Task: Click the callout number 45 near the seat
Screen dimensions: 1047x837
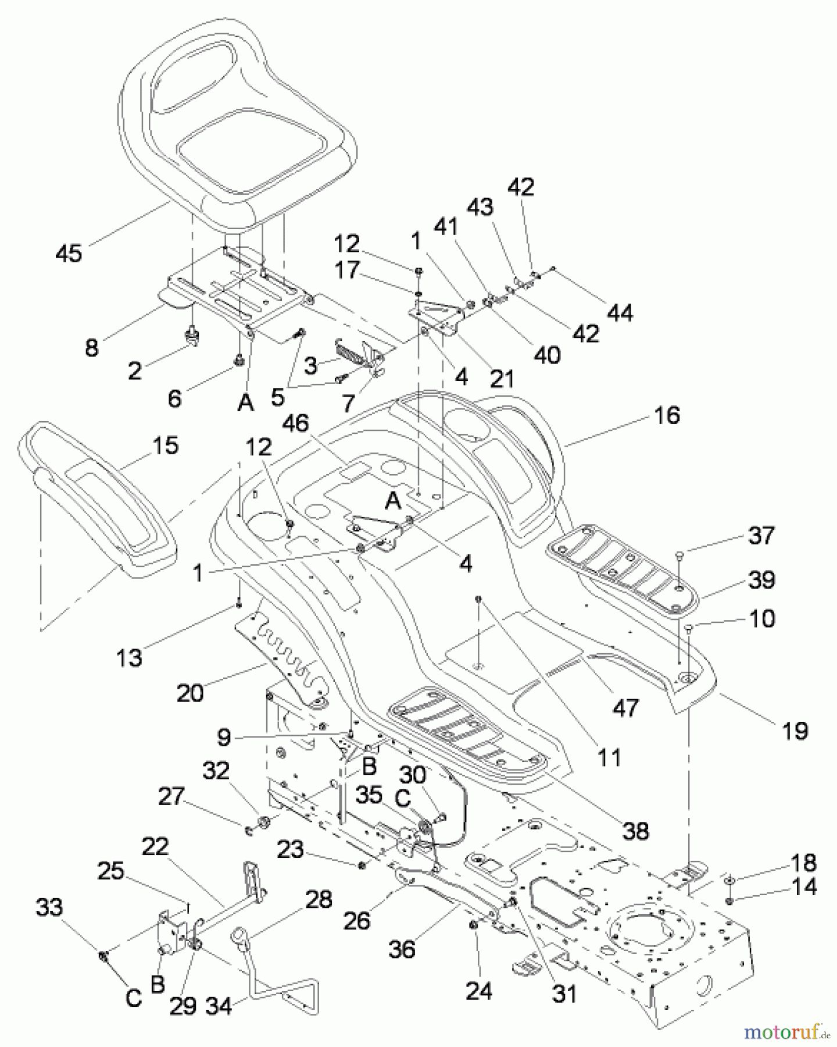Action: pyautogui.click(x=69, y=253)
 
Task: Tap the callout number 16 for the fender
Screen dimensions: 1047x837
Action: pyautogui.click(x=667, y=415)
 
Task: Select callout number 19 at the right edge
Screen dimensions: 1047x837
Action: pyautogui.click(x=795, y=731)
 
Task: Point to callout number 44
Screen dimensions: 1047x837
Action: pyautogui.click(x=620, y=313)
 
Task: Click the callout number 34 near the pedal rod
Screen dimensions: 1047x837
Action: pyautogui.click(x=220, y=1005)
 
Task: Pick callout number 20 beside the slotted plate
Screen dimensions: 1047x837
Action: pyautogui.click(x=190, y=692)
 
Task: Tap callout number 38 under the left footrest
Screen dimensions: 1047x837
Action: pyautogui.click(x=636, y=831)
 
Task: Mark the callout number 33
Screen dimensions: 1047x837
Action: pyautogui.click(x=49, y=907)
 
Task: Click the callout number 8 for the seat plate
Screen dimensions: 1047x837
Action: pyautogui.click(x=92, y=348)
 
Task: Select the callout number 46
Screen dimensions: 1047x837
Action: pyautogui.click(x=295, y=423)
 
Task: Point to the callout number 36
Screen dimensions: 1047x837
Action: pyautogui.click(x=402, y=949)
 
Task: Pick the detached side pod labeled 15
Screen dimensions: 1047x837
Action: pyautogui.click(x=102, y=512)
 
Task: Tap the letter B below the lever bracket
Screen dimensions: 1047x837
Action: pyautogui.click(x=157, y=984)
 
